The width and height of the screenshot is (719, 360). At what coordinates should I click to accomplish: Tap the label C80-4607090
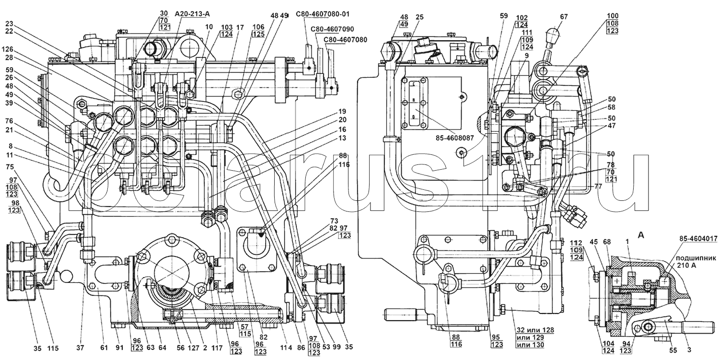[x=335, y=29]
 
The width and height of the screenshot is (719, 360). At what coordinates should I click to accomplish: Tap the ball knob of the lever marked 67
[x=555, y=35]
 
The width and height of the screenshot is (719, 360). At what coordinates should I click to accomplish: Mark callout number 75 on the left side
[x=10, y=168]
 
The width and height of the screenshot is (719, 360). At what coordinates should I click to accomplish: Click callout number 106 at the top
[x=258, y=27]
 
